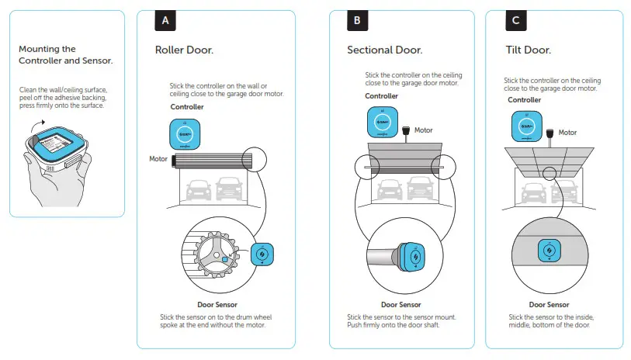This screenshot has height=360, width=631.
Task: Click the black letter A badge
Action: pyautogui.click(x=165, y=21)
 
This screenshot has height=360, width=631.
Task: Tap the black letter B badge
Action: pyautogui.click(x=356, y=21)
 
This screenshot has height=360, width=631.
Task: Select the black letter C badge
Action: pyautogui.click(x=515, y=21)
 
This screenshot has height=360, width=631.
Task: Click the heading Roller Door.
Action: pyautogui.click(x=184, y=50)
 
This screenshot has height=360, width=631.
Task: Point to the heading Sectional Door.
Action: pyautogui.click(x=384, y=50)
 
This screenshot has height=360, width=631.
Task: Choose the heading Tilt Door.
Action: pyautogui.click(x=528, y=50)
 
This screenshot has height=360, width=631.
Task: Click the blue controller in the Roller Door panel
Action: pyautogui.click(x=185, y=133)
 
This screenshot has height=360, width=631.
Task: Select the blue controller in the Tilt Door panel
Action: pyautogui.click(x=526, y=126)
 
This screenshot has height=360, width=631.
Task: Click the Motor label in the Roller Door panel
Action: pyautogui.click(x=158, y=159)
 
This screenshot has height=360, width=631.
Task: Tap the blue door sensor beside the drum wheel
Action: pyautogui.click(x=262, y=254)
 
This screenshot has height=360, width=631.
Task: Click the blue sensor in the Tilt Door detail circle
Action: pyautogui.click(x=549, y=253)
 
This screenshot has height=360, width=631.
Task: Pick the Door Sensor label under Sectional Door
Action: pyautogui.click(x=400, y=305)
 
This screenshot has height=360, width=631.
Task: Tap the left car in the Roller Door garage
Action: pyautogui.click(x=197, y=188)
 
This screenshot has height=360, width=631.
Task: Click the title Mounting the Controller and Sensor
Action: pyautogui.click(x=65, y=54)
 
